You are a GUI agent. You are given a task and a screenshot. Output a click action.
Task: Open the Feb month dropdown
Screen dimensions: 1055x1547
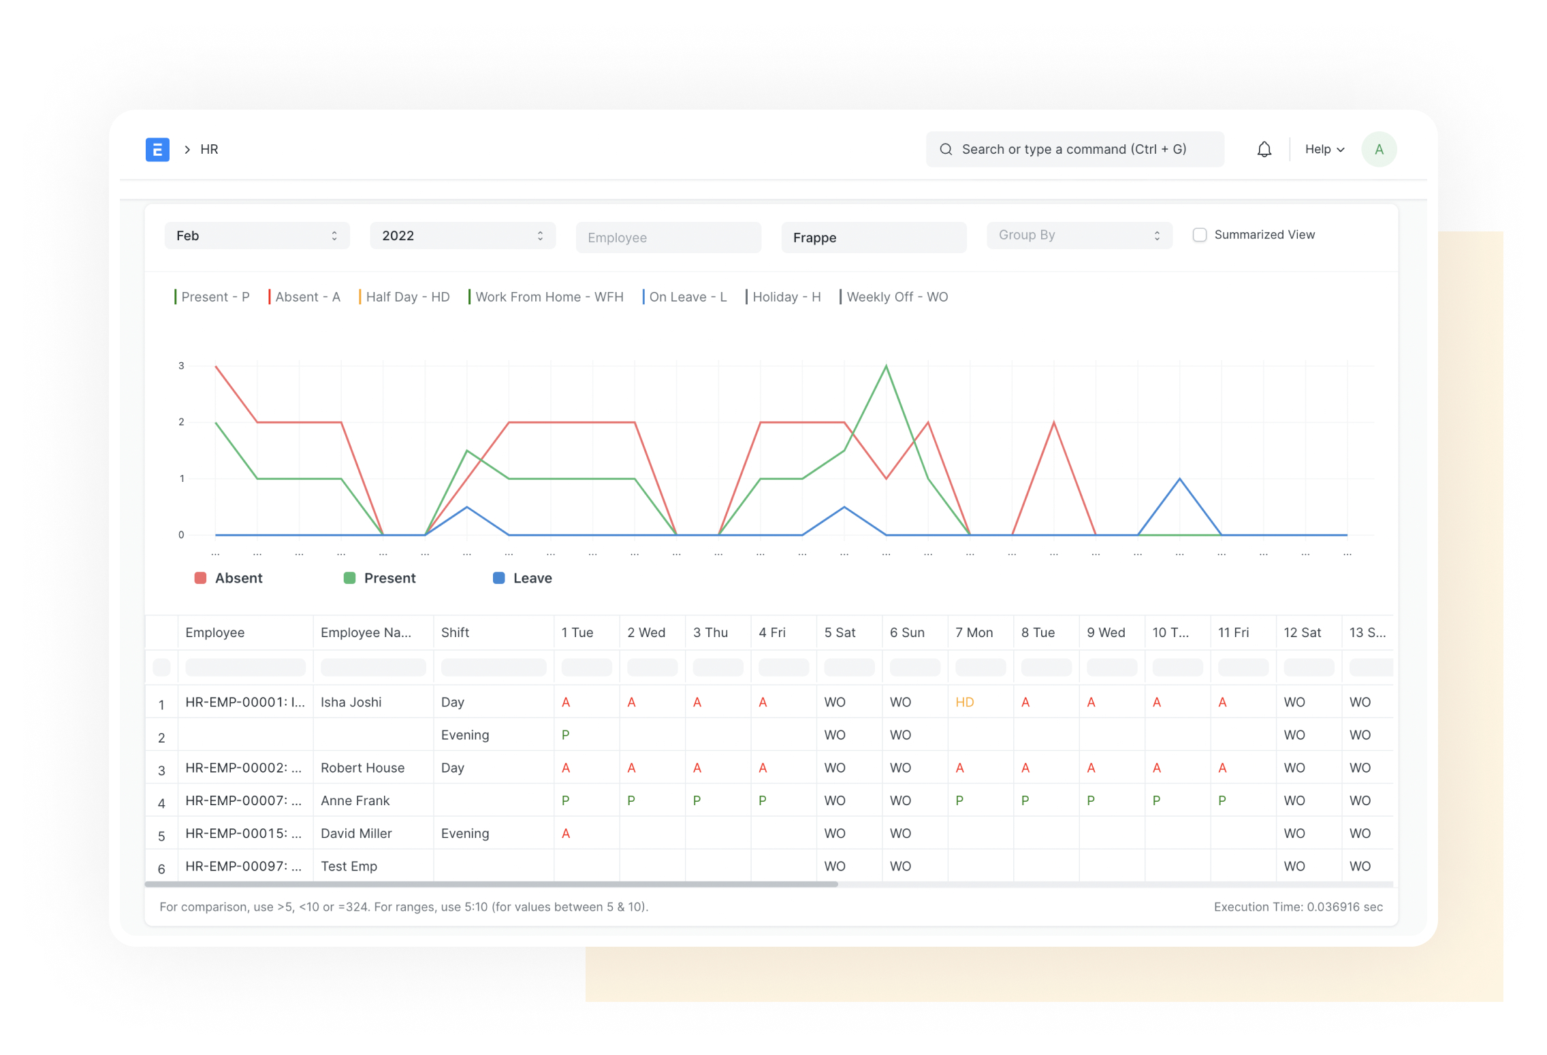[257, 236]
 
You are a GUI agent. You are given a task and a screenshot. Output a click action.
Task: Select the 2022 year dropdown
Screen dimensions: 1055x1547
[462, 236]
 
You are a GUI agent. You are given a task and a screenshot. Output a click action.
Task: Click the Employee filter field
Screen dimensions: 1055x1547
[668, 238]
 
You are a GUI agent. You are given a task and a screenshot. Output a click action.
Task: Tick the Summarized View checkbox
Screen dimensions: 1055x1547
[1199, 235]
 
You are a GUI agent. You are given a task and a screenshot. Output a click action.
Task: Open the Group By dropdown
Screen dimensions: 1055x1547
[1079, 235]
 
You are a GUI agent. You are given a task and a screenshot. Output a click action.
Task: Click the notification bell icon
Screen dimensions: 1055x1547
[1264, 149]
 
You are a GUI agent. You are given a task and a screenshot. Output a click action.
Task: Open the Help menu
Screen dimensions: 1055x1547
[1324, 149]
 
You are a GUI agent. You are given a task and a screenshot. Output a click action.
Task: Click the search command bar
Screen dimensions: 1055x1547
[1074, 149]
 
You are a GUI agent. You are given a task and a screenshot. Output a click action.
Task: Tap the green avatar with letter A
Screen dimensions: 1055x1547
[1378, 149]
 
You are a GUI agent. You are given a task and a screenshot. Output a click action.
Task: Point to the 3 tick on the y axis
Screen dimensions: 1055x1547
[181, 366]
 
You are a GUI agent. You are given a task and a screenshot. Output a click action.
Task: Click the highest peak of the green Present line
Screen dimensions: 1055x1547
[886, 366]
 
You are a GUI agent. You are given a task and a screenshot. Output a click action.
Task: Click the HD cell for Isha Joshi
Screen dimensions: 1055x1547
[964, 702]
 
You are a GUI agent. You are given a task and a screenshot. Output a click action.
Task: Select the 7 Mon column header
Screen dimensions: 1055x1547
[974, 632]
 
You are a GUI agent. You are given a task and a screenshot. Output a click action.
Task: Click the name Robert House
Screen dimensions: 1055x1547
[362, 768]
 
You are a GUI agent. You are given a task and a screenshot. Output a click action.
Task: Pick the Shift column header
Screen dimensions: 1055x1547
[455, 632]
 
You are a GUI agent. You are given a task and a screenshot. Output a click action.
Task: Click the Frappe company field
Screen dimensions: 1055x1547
[874, 238]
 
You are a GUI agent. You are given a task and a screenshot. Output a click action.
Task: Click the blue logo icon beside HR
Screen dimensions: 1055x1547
[157, 149]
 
